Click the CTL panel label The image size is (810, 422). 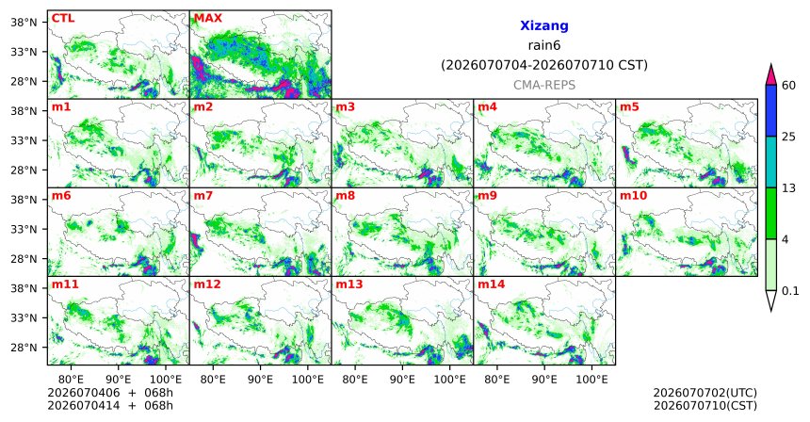63,18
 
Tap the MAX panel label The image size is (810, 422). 207,18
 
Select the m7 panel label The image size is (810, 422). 204,196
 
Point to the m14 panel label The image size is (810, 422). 492,284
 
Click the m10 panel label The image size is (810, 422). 633,196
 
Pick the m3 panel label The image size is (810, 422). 346,107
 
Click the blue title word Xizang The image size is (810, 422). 544,25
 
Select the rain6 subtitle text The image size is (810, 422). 544,45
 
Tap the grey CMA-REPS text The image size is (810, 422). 544,85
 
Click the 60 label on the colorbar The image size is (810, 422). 788,85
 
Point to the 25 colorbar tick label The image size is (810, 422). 788,137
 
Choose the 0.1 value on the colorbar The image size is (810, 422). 790,291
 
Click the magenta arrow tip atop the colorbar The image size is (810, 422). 770,65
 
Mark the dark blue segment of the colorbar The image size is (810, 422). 770,110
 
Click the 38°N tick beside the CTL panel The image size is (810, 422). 24,22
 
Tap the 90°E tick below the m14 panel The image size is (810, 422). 544,380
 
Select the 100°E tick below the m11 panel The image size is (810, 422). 166,380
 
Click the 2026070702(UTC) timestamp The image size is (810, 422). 705,394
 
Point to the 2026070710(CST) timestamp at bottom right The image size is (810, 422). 705,405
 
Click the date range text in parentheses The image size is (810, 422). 544,66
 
